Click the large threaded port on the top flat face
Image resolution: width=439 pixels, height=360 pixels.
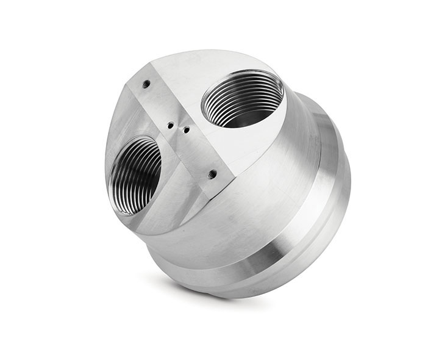click(242, 98)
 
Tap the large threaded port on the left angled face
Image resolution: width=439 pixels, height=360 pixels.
click(135, 175)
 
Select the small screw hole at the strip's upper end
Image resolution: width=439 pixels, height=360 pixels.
click(146, 85)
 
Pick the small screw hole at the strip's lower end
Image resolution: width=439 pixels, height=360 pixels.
click(212, 174)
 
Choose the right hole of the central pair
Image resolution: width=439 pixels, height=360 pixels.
click(185, 129)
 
